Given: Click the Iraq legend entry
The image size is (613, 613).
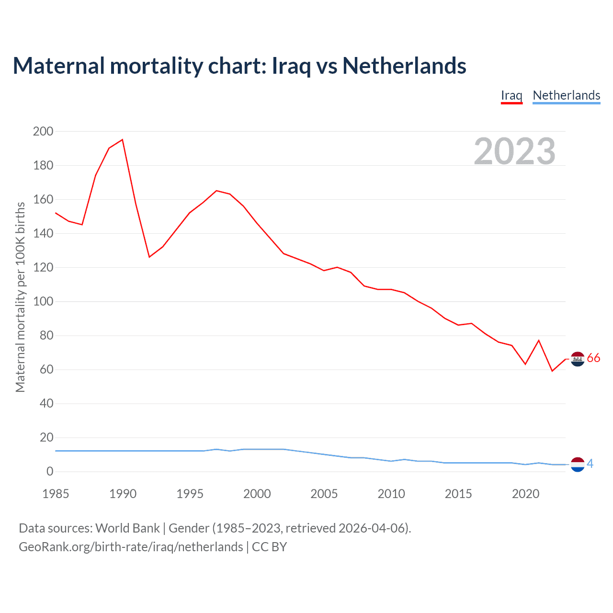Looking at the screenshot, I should click(511, 95).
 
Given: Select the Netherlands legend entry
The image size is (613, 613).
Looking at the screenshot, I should click(566, 95).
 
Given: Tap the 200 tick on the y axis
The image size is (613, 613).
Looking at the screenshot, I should click(43, 131).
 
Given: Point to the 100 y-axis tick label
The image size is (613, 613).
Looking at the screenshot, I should click(43, 302).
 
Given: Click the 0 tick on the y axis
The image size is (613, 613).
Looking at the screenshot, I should click(50, 472).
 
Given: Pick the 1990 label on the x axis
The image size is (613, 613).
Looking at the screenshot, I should click(123, 494).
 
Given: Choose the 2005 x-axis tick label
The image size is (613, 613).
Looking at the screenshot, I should click(324, 494).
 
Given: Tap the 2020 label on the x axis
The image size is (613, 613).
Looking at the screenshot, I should click(525, 494).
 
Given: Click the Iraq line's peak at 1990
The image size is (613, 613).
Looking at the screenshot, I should click(123, 140).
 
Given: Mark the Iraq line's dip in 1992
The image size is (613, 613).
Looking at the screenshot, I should click(149, 257).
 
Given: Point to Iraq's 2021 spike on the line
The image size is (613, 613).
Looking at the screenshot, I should click(539, 341).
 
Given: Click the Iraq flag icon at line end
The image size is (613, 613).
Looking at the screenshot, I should click(578, 359).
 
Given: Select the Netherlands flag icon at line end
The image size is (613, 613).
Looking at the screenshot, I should click(578, 464).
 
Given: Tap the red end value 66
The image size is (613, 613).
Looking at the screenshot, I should click(593, 358).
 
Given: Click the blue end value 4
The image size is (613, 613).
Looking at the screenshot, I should click(590, 464).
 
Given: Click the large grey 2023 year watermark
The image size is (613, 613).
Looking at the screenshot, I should click(515, 151).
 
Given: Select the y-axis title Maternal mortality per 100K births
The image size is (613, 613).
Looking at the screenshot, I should click(20, 297).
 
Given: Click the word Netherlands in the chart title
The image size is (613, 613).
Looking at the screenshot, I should click(404, 66).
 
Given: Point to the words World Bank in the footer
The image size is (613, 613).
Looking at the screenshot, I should click(127, 528).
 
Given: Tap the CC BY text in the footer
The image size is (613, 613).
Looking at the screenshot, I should click(269, 547).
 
